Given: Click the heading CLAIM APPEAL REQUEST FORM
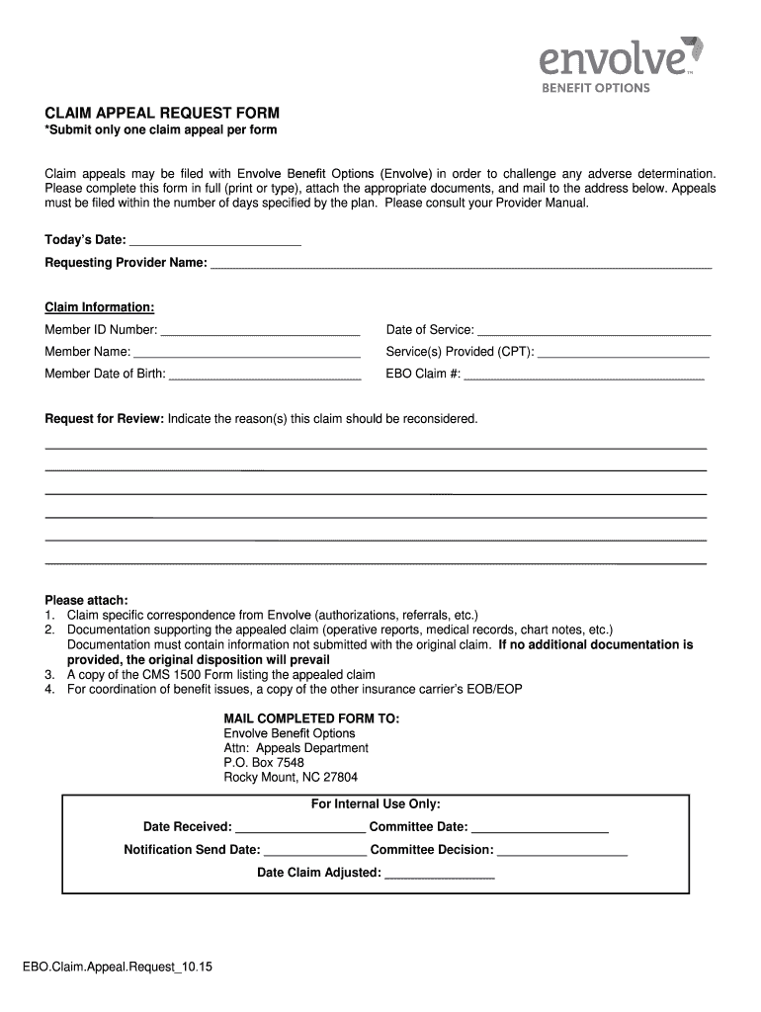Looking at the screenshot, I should coord(162,113).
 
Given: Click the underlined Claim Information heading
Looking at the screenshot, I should coord(99,307).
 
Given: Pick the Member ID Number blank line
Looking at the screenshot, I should coord(260,329).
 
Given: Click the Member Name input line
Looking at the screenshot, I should coord(247,351).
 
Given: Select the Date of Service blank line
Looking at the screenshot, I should coord(593,329).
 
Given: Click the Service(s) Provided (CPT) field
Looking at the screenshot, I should coord(624,351).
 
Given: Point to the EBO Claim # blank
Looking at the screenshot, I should coord(583,374).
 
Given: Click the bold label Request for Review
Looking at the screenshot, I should coord(104,419).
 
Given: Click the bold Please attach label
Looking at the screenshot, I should coord(87,600).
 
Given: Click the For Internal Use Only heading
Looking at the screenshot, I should coord(376,804).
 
